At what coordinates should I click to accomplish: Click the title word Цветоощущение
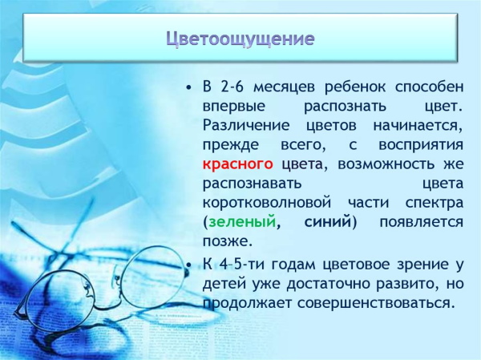pos(240,38)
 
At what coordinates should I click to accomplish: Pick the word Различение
pos(245,125)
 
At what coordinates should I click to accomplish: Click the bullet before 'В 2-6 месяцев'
pos(188,87)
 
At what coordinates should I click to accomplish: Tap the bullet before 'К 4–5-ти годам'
pos(188,265)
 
